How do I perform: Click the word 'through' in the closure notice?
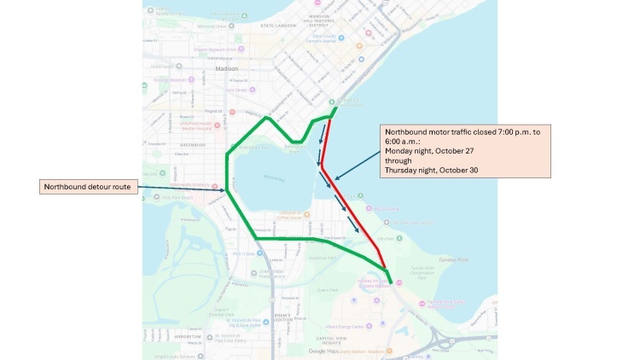point(399,160)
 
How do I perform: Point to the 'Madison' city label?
point(229,68)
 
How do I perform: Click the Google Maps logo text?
point(323,351)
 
